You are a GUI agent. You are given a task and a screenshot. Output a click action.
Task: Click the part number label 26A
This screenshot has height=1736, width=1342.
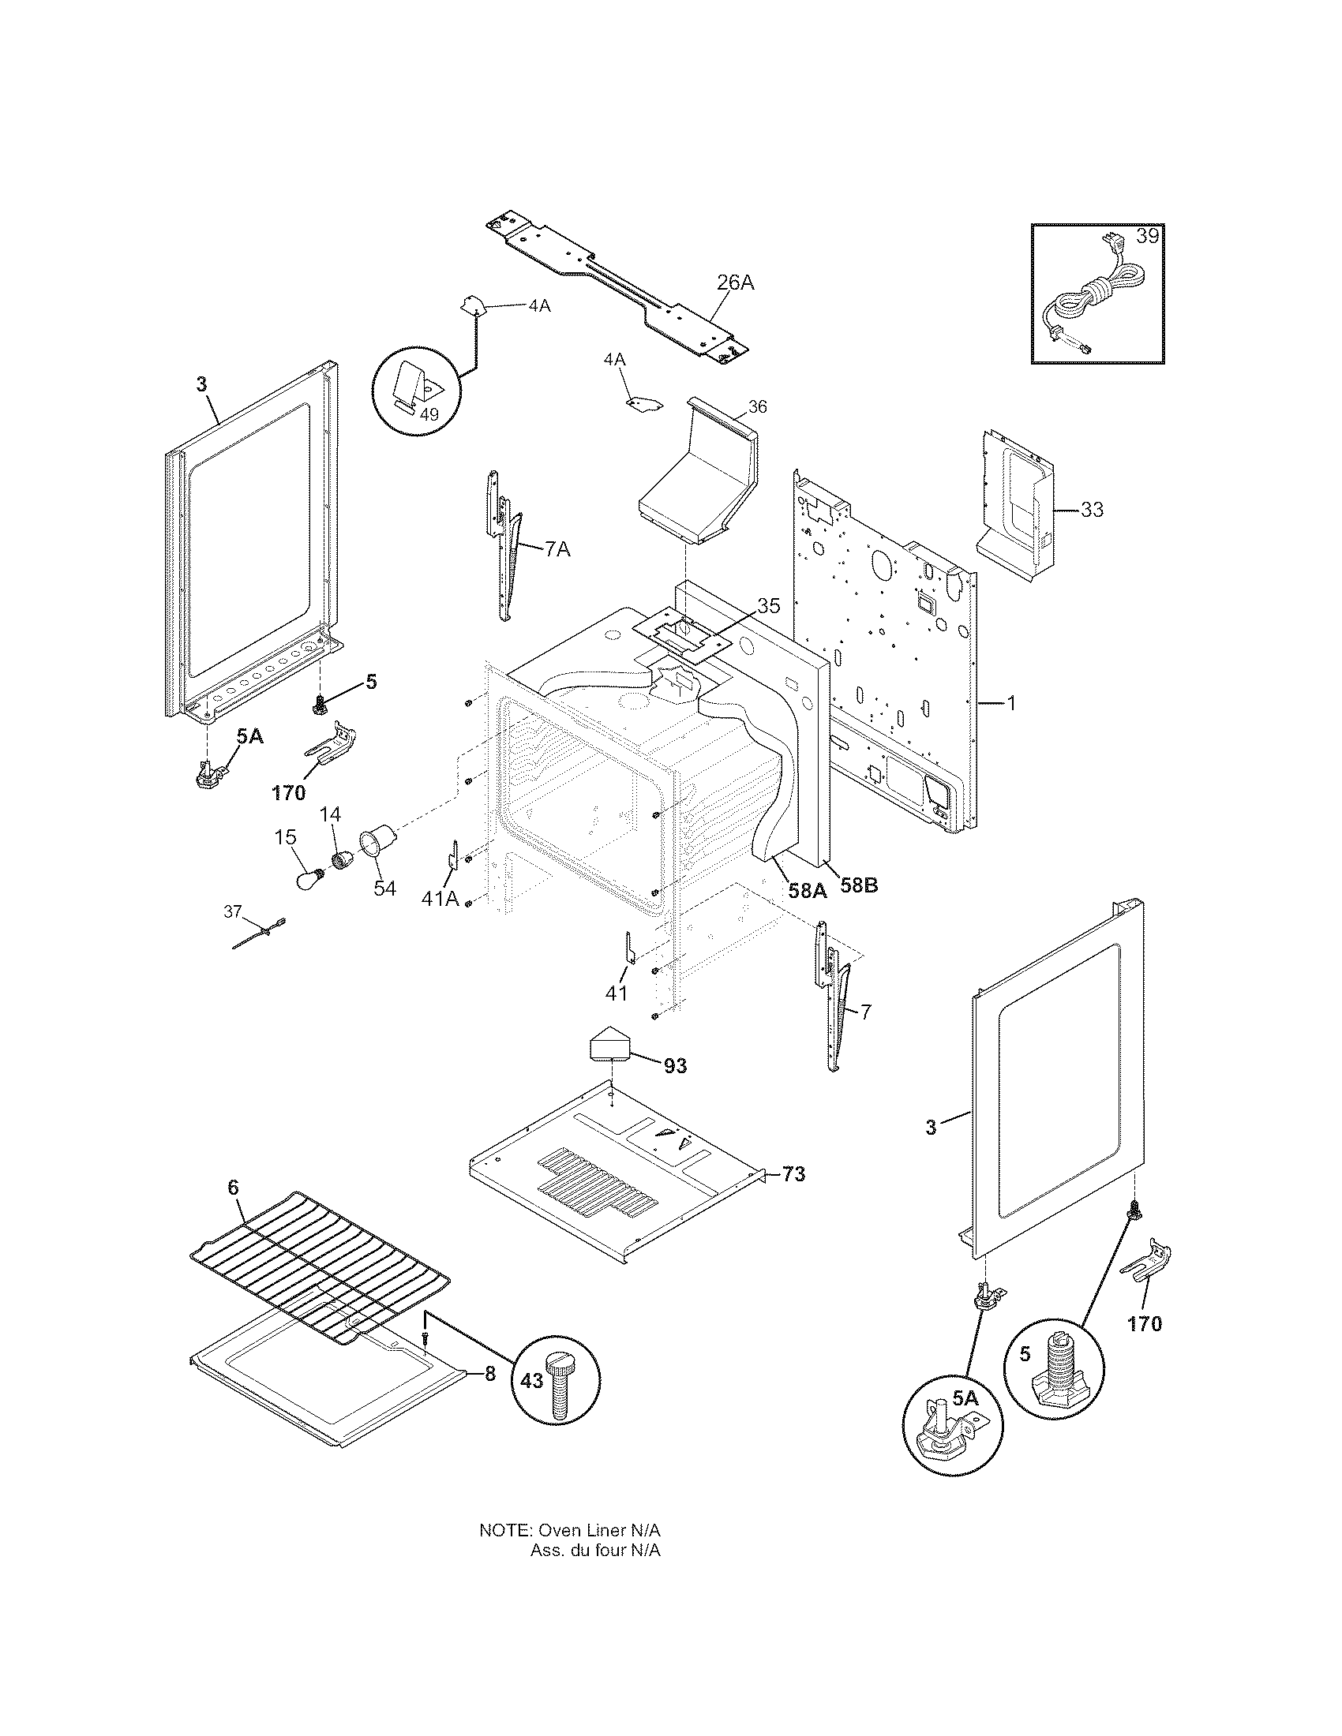[736, 282]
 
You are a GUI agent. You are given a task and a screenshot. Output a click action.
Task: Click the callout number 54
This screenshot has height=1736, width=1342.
[384, 887]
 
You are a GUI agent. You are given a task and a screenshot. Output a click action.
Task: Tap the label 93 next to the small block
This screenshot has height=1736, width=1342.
[674, 1066]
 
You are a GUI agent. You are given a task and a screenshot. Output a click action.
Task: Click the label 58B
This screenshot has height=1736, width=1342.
[859, 885]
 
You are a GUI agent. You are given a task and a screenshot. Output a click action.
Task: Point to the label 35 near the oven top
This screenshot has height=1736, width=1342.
[768, 606]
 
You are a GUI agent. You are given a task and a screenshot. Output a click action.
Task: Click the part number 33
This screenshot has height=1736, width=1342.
[1092, 509]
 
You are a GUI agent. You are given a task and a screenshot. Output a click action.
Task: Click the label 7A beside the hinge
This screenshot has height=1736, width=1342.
[557, 548]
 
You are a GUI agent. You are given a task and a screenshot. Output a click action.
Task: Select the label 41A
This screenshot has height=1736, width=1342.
[440, 898]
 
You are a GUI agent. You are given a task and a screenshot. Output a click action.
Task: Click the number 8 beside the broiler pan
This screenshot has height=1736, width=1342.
[489, 1374]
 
